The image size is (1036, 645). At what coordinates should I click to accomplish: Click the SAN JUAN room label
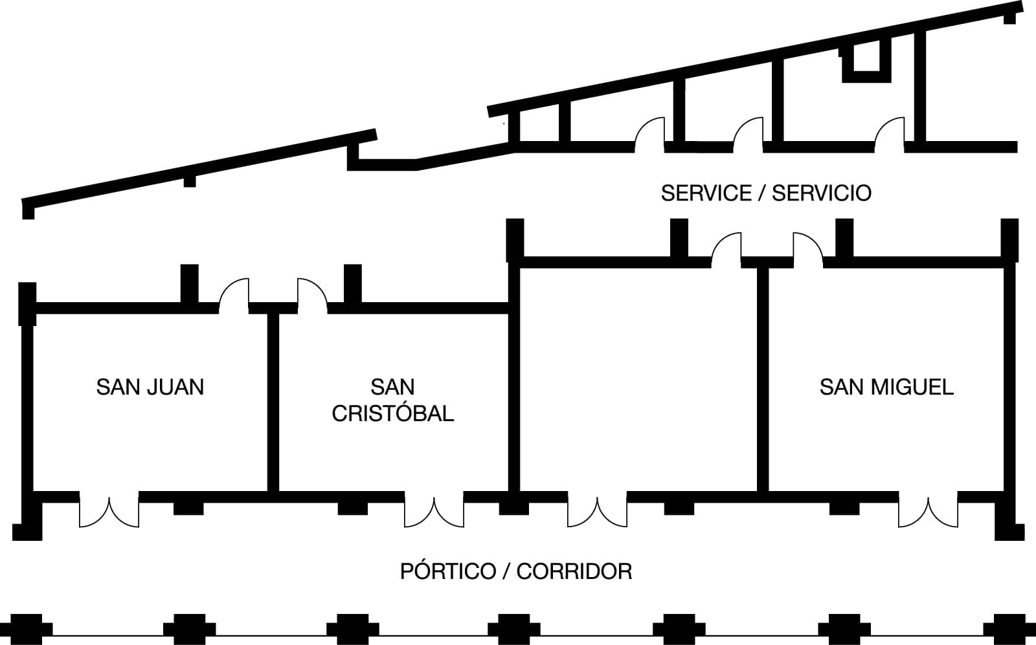tap(150, 387)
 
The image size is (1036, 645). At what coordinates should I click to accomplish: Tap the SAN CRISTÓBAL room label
tap(392, 400)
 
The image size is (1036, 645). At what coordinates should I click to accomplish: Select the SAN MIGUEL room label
tap(886, 387)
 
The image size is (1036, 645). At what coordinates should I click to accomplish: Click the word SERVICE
tap(706, 193)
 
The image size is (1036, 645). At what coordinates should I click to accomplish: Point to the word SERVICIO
tap(822, 193)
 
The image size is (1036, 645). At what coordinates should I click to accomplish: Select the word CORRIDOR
tap(574, 572)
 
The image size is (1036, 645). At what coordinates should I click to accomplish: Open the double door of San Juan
tap(109, 511)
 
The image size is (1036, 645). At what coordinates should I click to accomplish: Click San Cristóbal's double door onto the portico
tap(434, 511)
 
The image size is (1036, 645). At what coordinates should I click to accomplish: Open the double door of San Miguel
tap(928, 511)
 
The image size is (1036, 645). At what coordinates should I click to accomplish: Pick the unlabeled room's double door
tap(597, 511)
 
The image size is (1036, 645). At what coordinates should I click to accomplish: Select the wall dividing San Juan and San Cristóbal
tap(273, 401)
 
